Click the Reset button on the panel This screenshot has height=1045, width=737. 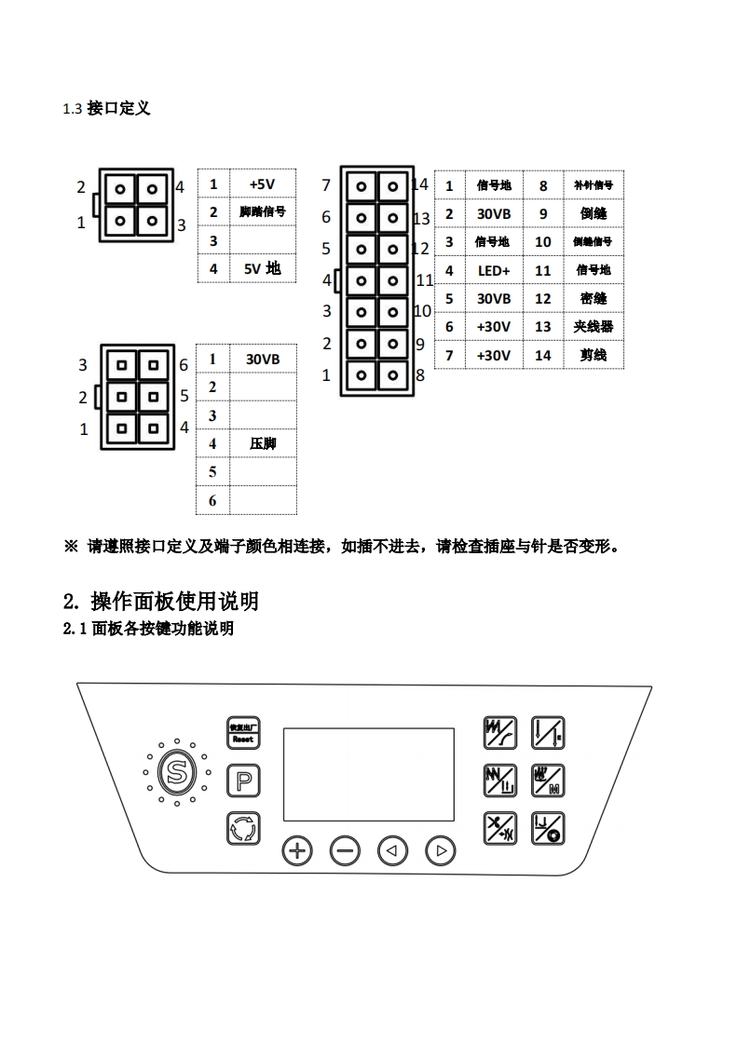[x=243, y=733]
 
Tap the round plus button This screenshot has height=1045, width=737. [x=297, y=849]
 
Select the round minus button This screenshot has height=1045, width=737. [x=346, y=849]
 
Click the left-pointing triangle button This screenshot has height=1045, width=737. [x=392, y=849]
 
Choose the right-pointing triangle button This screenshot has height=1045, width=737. [x=441, y=849]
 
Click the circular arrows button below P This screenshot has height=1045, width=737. [x=243, y=827]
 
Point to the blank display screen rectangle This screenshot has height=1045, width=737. [x=368, y=774]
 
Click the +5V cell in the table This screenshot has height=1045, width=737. [x=262, y=184]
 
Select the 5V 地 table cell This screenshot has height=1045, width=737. [x=262, y=268]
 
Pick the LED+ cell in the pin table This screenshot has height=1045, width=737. [x=494, y=270]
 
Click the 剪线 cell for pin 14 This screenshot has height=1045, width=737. [x=593, y=355]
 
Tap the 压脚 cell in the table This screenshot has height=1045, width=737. [x=263, y=443]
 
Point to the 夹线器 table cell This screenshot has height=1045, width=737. [x=593, y=327]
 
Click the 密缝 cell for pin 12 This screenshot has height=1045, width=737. [x=593, y=299]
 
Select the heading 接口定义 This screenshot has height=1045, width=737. [x=118, y=109]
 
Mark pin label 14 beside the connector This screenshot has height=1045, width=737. [x=420, y=184]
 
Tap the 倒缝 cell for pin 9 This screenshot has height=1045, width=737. [x=593, y=213]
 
